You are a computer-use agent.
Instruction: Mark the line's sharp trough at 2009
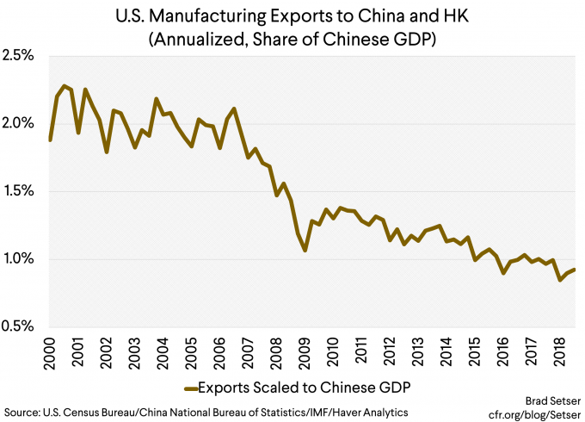coord(305,251)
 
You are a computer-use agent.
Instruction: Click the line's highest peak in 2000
coord(65,85)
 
